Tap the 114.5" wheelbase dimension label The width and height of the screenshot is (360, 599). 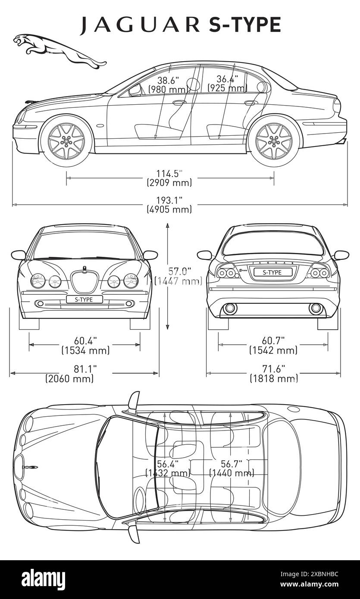(x=169, y=178)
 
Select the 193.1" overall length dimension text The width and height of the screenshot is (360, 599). (x=169, y=205)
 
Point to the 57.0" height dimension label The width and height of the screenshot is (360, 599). (x=178, y=276)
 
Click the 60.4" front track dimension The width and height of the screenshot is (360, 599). (x=86, y=345)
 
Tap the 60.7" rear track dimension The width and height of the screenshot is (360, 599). (x=273, y=345)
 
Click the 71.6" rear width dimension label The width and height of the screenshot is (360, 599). (x=274, y=374)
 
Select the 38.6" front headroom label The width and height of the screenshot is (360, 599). (x=168, y=84)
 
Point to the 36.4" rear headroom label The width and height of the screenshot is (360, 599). (x=227, y=84)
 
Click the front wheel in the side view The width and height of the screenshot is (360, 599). (x=66, y=140)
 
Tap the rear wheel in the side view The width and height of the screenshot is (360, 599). (x=274, y=140)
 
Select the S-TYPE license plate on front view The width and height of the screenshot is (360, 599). (x=84, y=299)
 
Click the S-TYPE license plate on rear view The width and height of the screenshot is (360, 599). (x=272, y=272)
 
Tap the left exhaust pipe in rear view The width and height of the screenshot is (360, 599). (x=230, y=309)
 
